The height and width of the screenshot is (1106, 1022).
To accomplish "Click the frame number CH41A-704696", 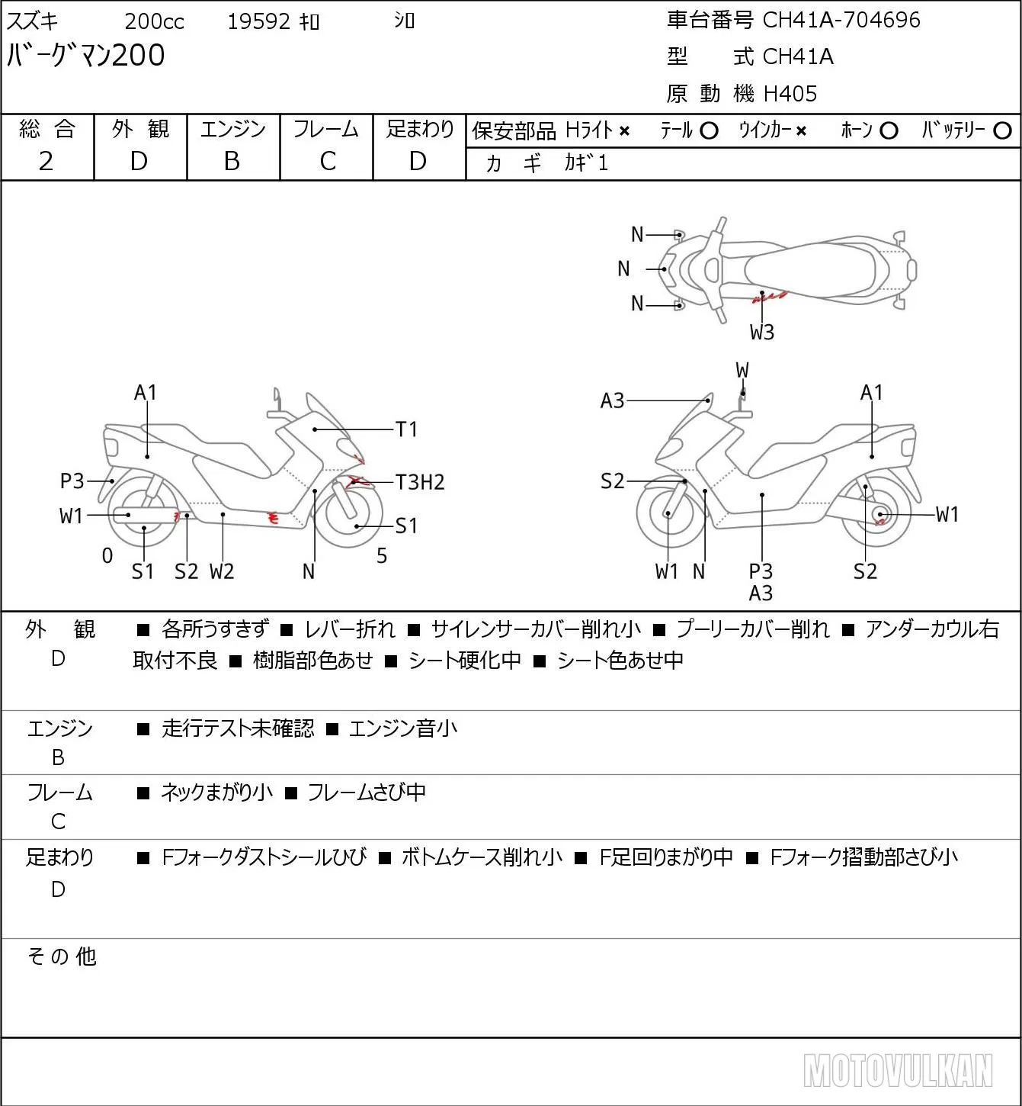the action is pyautogui.click(x=841, y=21).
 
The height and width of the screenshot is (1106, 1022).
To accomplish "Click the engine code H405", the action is pyautogui.click(x=790, y=94).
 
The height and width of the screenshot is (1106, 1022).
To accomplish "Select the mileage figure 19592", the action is pyautogui.click(x=259, y=21).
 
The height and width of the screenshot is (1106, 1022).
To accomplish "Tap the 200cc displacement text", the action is pyautogui.click(x=154, y=21).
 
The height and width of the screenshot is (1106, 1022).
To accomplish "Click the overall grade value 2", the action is pyautogui.click(x=46, y=161).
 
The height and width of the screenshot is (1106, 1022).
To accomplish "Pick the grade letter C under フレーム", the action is pyautogui.click(x=328, y=161).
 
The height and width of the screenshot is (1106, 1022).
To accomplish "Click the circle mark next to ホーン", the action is pyautogui.click(x=889, y=131).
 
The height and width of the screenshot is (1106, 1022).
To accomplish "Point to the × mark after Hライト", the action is pyautogui.click(x=625, y=131).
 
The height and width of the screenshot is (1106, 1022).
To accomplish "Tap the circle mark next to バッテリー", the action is pyautogui.click(x=1002, y=131).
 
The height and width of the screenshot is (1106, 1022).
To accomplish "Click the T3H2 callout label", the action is pyautogui.click(x=420, y=482).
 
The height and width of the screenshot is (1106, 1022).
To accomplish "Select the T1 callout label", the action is pyautogui.click(x=406, y=429).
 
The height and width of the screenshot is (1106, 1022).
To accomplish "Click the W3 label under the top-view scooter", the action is pyautogui.click(x=762, y=333).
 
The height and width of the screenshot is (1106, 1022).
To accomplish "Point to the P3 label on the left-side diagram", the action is pyautogui.click(x=72, y=481).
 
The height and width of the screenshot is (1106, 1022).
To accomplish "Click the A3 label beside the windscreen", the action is pyautogui.click(x=612, y=400).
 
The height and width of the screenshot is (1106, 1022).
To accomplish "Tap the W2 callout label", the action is pyautogui.click(x=222, y=571).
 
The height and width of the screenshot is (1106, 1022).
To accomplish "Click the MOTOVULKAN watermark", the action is pyautogui.click(x=898, y=1071).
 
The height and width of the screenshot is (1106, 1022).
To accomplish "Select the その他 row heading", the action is pyautogui.click(x=62, y=956).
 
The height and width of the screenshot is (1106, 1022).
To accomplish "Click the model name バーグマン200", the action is pyautogui.click(x=85, y=56).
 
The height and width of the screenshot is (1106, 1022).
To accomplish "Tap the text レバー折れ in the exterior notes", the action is pyautogui.click(x=350, y=629).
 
